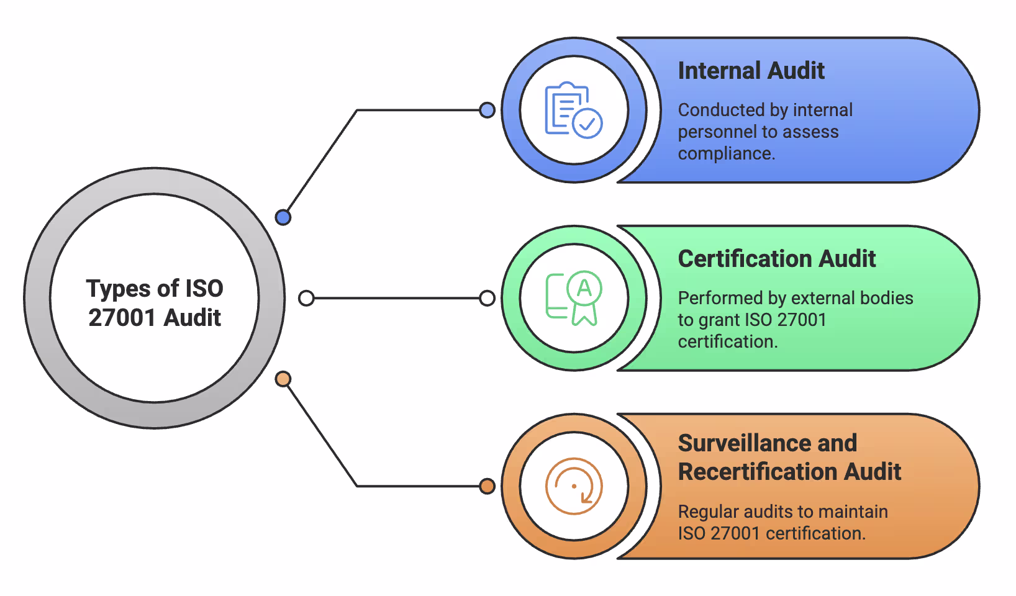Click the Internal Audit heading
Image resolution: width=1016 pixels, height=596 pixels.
point(751,71)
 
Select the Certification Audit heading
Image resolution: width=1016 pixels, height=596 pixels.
point(776,259)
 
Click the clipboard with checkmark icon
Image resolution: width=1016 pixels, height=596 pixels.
point(573,110)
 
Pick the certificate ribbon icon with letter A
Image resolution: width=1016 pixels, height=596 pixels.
point(573,298)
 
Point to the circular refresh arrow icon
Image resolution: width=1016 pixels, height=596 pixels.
point(573,486)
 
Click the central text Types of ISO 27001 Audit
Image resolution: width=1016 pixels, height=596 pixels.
point(155,303)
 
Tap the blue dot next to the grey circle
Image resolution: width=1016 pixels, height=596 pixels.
point(283,217)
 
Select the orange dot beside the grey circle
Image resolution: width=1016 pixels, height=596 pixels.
point(283,379)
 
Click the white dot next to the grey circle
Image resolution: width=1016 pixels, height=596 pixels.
point(306,298)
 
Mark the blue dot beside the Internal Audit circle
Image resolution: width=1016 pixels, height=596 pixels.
point(488,110)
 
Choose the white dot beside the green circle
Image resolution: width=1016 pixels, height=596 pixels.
point(488,298)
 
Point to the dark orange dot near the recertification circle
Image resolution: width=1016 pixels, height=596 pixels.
point(488,486)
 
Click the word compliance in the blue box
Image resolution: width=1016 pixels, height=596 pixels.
point(725,154)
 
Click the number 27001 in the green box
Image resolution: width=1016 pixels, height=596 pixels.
point(801,320)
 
